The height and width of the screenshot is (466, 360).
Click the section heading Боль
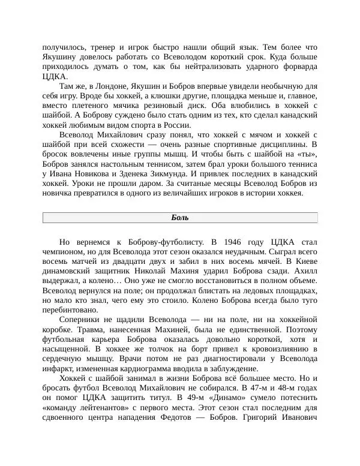(x=180, y=218)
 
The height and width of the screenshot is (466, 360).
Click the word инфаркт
(x=59, y=368)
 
